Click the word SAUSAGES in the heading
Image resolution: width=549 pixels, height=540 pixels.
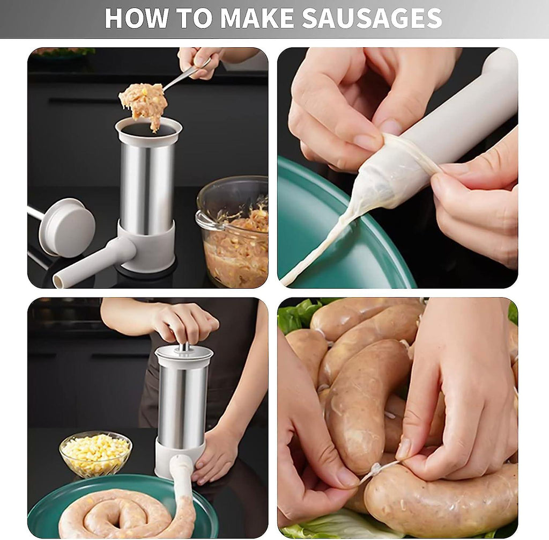pyautogui.click(x=372, y=18)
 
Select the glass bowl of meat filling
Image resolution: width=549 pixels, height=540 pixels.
pyautogui.click(x=233, y=231)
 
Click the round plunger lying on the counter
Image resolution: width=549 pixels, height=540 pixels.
pyautogui.click(x=66, y=227)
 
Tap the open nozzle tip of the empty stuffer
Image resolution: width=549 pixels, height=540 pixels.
pyautogui.click(x=59, y=281)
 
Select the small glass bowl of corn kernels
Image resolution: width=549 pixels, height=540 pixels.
pyautogui.click(x=95, y=454)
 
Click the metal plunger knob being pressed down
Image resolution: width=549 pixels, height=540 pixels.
pyautogui.click(x=184, y=347)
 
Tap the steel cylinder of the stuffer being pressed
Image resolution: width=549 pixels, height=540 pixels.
pyautogui.click(x=182, y=403)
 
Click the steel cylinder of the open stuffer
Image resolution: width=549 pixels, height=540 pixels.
pyautogui.click(x=147, y=187)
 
